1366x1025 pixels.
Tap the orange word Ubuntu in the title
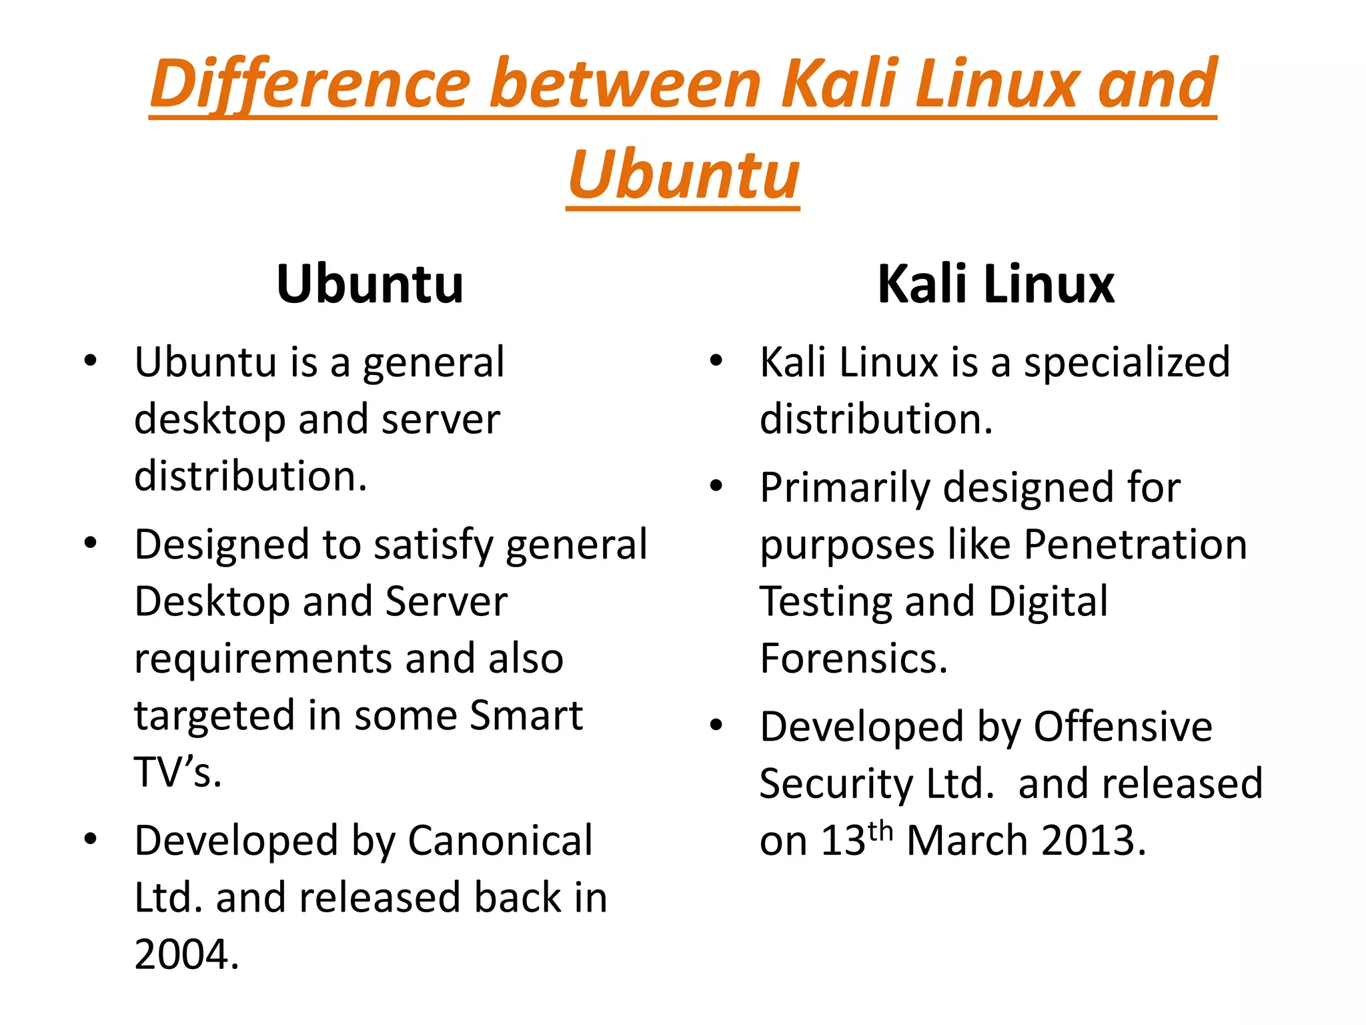click(x=684, y=175)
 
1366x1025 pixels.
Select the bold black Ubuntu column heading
click(x=370, y=284)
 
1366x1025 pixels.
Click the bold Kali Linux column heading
click(x=995, y=284)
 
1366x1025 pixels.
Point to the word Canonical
click(x=500, y=840)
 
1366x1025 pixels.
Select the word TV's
click(x=177, y=773)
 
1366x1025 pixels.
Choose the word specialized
click(x=1127, y=363)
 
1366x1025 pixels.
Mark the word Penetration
click(x=1135, y=545)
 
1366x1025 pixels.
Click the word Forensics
click(x=853, y=659)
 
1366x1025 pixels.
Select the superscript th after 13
click(x=880, y=831)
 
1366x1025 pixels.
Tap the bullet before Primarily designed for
click(x=716, y=486)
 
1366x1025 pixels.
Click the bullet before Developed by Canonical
click(x=91, y=839)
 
